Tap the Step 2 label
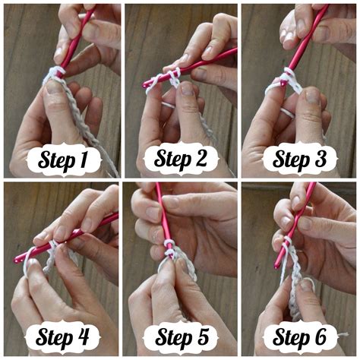tap(182, 160)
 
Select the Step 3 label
tap(299, 160)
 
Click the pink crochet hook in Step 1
tap(75, 38)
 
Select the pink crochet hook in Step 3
tap(308, 38)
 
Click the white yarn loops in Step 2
tap(167, 79)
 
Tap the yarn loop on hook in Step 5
tap(171, 248)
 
